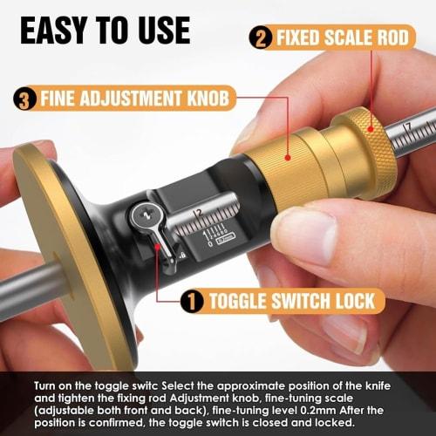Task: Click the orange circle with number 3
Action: [27, 98]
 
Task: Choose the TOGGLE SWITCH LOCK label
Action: [292, 302]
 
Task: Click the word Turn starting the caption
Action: [48, 385]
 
